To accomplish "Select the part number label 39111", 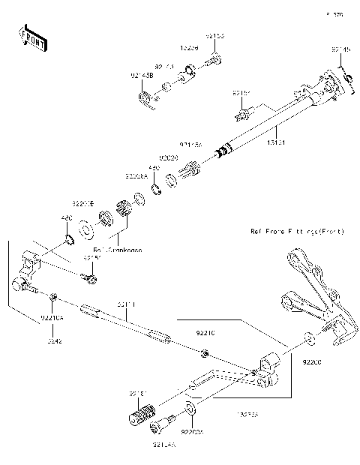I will pos(125,304).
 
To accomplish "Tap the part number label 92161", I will pos(136,392).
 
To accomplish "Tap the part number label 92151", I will pos(241,94).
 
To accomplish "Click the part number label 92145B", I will pos(141,76).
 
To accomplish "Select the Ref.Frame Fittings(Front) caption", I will pos(297,232).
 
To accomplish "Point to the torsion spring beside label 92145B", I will pos(145,97).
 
